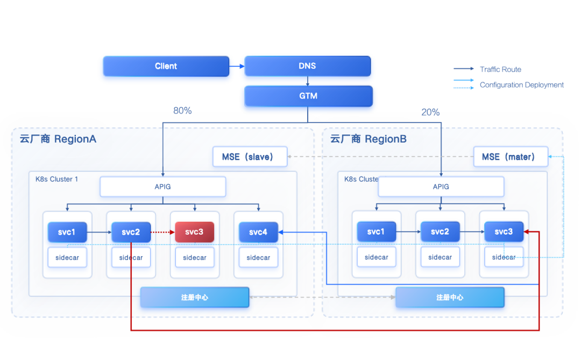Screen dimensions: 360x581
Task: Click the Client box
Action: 166,66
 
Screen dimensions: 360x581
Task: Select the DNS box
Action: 307,66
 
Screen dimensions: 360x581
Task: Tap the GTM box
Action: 308,96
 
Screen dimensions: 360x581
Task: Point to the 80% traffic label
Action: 182,111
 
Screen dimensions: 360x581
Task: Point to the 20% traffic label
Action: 430,112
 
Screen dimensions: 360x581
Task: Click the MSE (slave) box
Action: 250,157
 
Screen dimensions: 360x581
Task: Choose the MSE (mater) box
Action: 511,157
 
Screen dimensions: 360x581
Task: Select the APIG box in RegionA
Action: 162,187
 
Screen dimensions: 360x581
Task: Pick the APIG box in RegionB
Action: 441,187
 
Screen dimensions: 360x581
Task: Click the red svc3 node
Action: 194,232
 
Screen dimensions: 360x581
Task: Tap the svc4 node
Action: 258,232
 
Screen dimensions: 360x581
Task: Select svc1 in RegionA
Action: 67,232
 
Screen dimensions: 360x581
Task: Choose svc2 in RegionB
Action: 440,231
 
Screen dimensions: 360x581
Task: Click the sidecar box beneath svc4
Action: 258,258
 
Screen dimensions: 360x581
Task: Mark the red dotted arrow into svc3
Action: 162,232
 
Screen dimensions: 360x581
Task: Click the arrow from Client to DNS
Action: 237,66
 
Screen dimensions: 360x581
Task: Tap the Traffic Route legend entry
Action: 500,69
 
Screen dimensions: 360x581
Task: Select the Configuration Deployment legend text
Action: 521,85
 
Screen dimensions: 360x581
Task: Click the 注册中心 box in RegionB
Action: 450,297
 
